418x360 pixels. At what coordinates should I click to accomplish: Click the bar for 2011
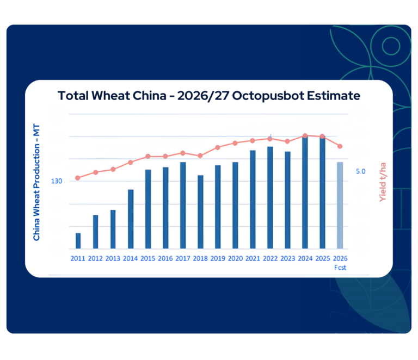tap(78, 241)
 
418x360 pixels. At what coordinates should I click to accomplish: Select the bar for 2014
tap(131, 219)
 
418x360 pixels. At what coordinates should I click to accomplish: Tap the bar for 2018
tap(200, 212)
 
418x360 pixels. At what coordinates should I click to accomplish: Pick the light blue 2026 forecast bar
tap(340, 206)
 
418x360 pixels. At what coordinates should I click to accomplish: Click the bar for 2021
tap(253, 200)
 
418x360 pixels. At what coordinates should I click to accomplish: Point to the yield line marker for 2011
tap(78, 178)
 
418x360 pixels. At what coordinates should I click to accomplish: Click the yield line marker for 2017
tap(183, 153)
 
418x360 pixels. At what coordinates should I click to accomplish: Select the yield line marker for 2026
tap(340, 146)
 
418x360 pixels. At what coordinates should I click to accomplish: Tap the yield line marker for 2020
tap(235, 143)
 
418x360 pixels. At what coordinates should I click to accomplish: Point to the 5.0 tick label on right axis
tap(361, 171)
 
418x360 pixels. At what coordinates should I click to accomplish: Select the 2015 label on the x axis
tap(148, 258)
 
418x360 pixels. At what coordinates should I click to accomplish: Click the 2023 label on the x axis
tap(287, 258)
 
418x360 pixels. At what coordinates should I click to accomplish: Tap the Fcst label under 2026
tap(340, 268)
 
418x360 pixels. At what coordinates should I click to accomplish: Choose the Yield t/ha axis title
tap(382, 182)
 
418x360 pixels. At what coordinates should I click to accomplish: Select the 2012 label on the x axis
tap(96, 258)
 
